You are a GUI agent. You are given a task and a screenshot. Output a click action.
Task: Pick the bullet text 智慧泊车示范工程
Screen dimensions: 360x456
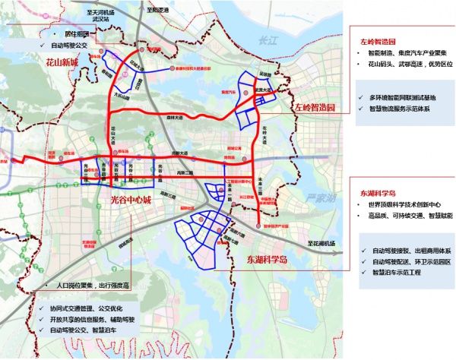click(401, 271)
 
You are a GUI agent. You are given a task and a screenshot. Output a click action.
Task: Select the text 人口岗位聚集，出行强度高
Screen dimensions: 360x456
click(89, 286)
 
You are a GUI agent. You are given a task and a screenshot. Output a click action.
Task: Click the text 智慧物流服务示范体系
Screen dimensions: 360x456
click(401, 110)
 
